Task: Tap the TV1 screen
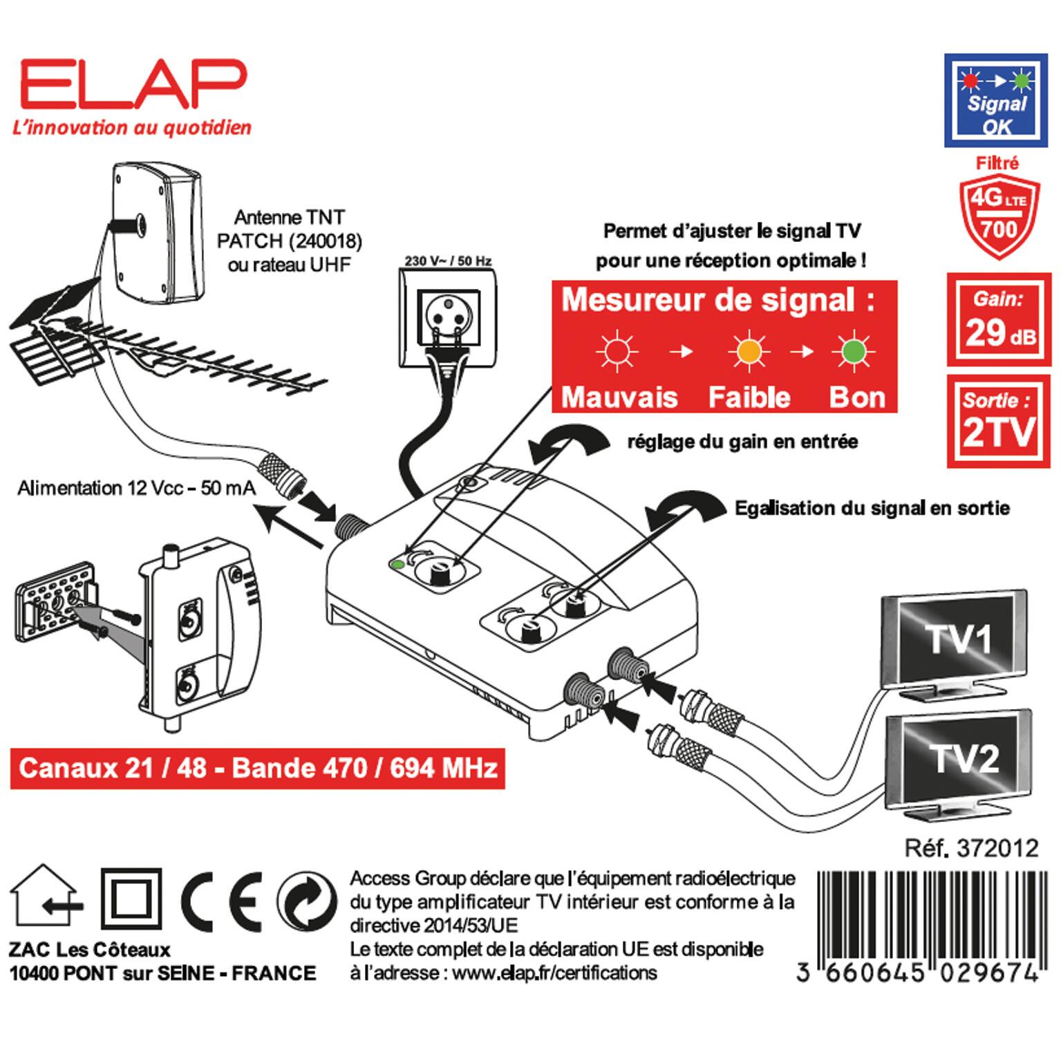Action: coord(957,639)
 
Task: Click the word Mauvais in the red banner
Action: coord(619,397)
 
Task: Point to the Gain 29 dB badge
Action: coord(999,320)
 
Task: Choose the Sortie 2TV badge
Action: coord(999,420)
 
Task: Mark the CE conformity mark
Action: coord(222,901)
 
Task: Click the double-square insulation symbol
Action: coord(131,900)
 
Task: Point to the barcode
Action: coord(926,916)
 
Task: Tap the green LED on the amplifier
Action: coord(397,565)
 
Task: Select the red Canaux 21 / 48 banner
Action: coord(258,769)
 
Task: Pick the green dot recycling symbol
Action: coord(307,901)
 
